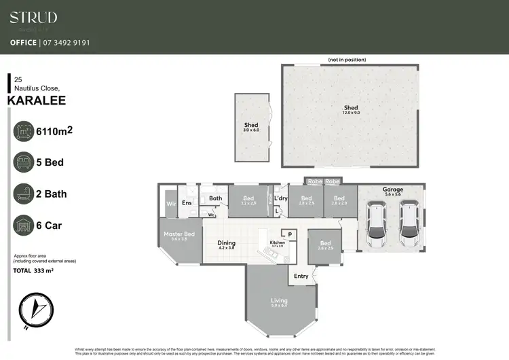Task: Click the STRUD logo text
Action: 33,18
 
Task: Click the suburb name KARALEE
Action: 37,101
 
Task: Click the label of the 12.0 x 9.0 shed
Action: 351,109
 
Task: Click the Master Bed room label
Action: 179,236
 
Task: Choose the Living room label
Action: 279,303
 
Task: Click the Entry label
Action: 301,276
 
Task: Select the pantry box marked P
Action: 290,234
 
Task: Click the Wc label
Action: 212,215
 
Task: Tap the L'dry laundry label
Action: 281,198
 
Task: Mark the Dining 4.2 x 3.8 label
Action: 226,245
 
